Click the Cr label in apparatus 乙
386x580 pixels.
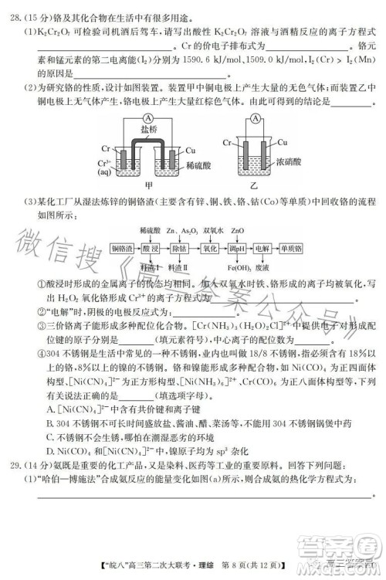(x=227, y=144)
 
